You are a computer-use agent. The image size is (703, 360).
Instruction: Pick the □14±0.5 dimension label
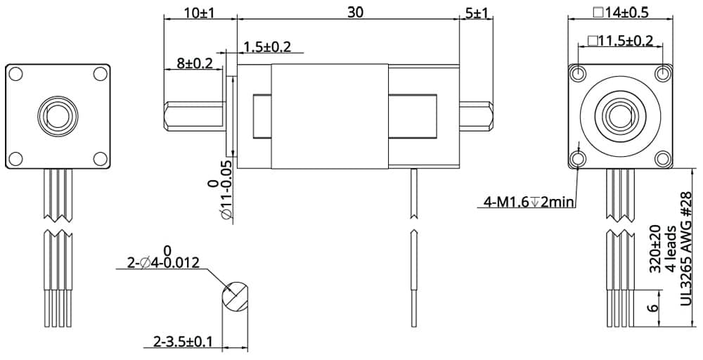(x=620, y=13)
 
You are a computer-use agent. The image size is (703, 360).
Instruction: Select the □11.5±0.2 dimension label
(x=620, y=41)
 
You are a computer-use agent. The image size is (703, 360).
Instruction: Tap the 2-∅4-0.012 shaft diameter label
(x=163, y=263)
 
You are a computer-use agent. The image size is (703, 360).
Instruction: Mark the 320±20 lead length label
(x=655, y=250)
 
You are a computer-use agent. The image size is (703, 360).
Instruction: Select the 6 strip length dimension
(x=653, y=308)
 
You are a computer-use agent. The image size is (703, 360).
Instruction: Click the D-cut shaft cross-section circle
(x=235, y=297)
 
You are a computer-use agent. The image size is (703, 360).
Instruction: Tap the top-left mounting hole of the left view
(x=18, y=74)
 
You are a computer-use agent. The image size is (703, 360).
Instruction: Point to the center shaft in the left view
(x=58, y=115)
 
